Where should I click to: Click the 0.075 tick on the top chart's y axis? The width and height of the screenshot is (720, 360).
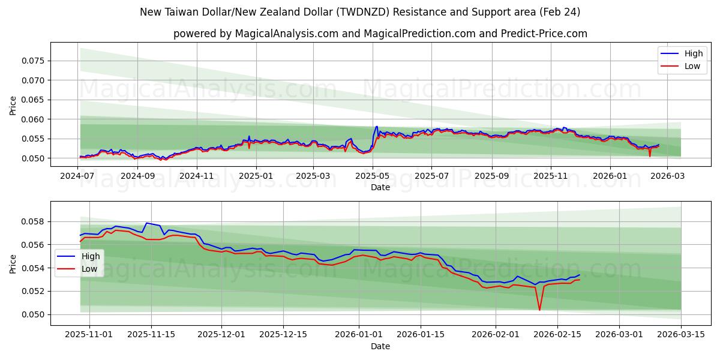[x=33, y=61]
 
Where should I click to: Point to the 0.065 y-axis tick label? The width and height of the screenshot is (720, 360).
[x=33, y=100]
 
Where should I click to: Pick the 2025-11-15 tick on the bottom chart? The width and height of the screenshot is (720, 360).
[x=151, y=334]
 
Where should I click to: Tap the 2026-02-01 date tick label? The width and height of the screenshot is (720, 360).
[x=496, y=334]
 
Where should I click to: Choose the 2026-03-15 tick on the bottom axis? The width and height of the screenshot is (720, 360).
[x=681, y=334]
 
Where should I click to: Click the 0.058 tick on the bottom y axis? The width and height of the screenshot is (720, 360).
[x=33, y=221]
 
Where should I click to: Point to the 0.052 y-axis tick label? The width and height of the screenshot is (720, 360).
[x=33, y=291]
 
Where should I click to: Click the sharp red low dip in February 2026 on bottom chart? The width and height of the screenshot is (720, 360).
[x=539, y=310]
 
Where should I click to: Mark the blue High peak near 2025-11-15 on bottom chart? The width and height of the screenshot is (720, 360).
[x=146, y=223]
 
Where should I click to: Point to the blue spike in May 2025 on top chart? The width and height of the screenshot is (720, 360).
[x=377, y=127]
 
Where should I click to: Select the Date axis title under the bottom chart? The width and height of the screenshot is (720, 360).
[x=380, y=346]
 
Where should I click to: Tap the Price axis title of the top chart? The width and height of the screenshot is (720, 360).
[x=13, y=106]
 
